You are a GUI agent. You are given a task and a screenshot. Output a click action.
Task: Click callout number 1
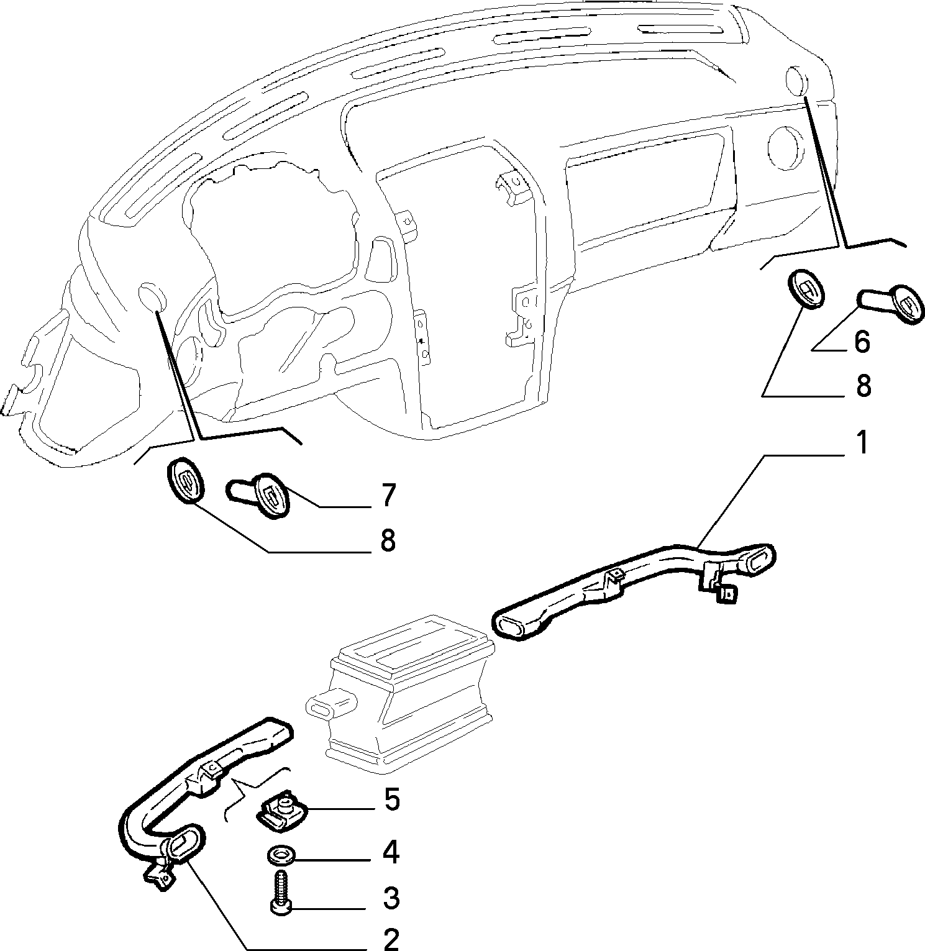862,444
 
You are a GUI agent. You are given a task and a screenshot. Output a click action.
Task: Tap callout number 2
391,940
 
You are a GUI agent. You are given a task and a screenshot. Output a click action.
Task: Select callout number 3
391,898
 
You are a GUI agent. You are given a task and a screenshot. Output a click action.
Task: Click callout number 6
862,342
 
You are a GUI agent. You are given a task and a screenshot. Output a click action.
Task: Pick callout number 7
387,495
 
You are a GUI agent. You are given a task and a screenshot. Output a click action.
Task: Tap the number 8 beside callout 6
863,386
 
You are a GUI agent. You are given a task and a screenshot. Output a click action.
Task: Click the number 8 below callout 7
387,540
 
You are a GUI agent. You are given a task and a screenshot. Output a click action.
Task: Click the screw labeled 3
280,889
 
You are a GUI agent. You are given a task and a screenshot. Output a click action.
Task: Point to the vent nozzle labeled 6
891,303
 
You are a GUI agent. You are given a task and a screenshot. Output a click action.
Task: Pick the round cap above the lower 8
185,478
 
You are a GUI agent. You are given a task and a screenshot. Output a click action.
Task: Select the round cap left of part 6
806,287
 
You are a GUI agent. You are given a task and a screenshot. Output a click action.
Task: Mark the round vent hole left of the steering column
152,298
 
